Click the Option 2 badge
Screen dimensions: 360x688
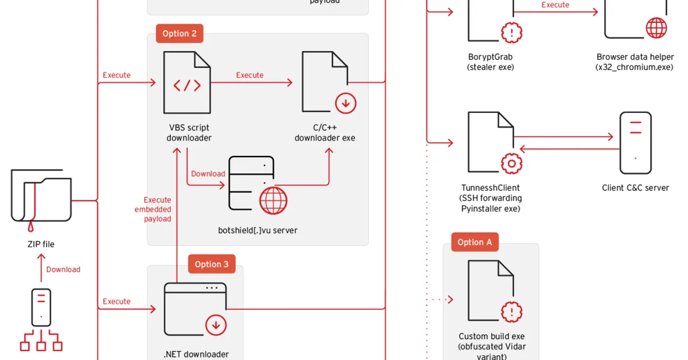pyautogui.click(x=179, y=33)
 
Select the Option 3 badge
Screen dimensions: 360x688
pyautogui.click(x=211, y=264)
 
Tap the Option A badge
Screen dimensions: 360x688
pyautogui.click(x=475, y=242)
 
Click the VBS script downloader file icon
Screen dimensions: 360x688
pyautogui.click(x=187, y=83)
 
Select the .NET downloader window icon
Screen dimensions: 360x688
pyautogui.click(x=195, y=309)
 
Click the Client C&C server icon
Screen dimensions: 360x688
pyautogui.click(x=635, y=143)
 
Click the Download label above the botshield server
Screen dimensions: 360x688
pyautogui.click(x=208, y=174)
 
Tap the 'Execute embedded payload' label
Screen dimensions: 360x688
pyautogui.click(x=158, y=209)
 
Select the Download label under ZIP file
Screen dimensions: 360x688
pyautogui.click(x=63, y=269)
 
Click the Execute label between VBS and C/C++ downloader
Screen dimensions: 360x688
pyautogui.click(x=250, y=75)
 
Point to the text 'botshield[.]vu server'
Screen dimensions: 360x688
pyautogui.click(x=258, y=230)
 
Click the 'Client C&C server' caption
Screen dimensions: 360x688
pyautogui.click(x=635, y=187)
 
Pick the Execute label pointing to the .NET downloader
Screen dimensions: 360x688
pyautogui.click(x=116, y=301)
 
